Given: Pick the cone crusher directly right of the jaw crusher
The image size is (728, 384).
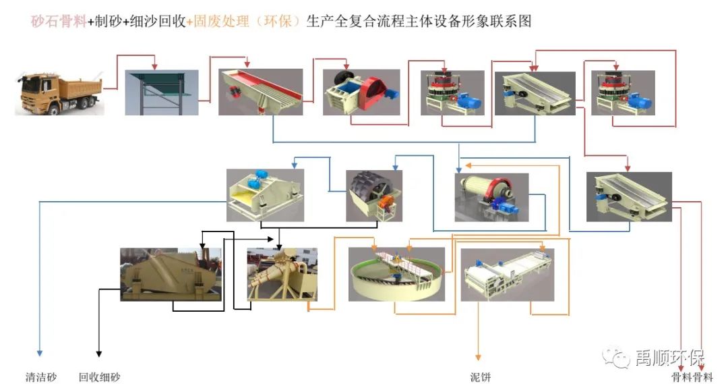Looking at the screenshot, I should point(452,93).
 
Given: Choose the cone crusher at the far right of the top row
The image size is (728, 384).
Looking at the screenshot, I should point(621,93).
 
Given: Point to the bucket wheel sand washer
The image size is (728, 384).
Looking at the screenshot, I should point(373,195).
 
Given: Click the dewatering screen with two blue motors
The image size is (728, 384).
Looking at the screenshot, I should point(265,194).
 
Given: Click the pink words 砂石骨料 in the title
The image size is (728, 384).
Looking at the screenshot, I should point(59,22).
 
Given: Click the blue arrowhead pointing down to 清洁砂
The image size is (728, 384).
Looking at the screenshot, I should point(40,352).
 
